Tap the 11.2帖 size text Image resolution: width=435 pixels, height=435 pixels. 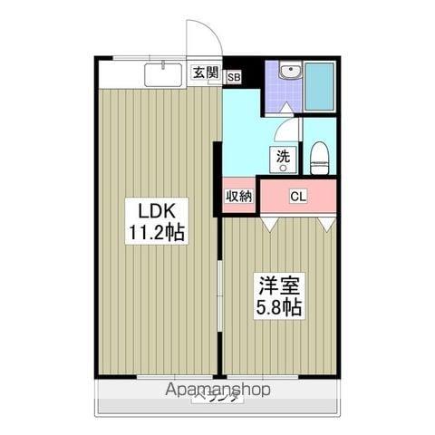pyautogui.click(x=157, y=232)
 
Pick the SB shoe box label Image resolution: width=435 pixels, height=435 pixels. pyautogui.click(x=234, y=79)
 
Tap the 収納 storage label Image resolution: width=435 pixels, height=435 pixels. pyautogui.click(x=239, y=196)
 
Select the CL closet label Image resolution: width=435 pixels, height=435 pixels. pyautogui.click(x=297, y=196)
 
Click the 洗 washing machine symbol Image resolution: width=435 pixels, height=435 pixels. pyautogui.click(x=284, y=157)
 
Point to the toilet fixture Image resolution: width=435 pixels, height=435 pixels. pyautogui.click(x=319, y=160)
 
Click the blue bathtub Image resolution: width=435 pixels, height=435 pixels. pyautogui.click(x=318, y=86)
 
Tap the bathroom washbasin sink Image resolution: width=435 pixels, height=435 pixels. pyautogui.click(x=290, y=72)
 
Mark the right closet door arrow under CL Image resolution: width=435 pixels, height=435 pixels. pyautogui.click(x=327, y=221)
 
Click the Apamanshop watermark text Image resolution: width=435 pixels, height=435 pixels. pyautogui.click(x=217, y=390)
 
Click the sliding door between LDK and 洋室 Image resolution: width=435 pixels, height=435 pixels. pyautogui.click(x=220, y=299)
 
